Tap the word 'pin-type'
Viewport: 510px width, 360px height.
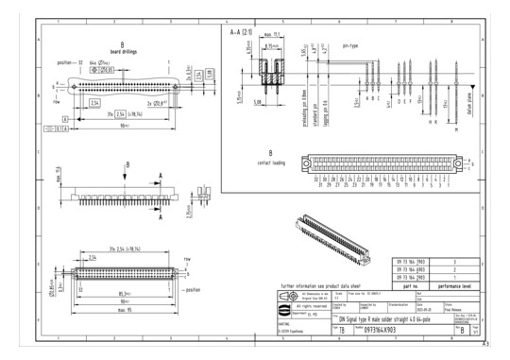[x=350, y=44]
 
